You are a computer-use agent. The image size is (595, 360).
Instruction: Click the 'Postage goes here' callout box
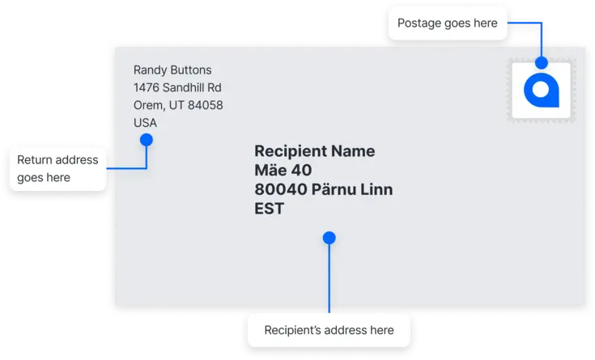[448, 23]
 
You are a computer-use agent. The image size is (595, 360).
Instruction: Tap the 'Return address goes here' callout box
[57, 168]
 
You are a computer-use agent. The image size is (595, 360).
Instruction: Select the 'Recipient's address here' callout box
[329, 330]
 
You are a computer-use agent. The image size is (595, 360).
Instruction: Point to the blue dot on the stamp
[541, 61]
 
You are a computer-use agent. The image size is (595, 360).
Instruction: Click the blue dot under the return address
[147, 140]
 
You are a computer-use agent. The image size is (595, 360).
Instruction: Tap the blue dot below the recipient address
[329, 238]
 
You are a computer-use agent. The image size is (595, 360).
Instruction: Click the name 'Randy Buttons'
[172, 70]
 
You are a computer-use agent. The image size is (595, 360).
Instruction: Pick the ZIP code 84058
[204, 106]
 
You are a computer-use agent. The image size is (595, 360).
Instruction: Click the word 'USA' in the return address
[145, 123]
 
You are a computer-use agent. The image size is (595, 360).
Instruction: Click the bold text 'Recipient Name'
[314, 151]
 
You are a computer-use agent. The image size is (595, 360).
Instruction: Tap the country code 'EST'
[269, 209]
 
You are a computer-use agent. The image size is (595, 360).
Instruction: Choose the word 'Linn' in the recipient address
[376, 190]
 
